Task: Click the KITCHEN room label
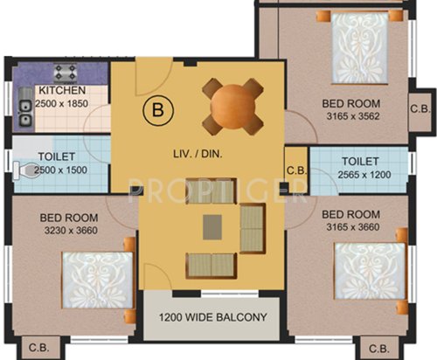(x=61, y=91)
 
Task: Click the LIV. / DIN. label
(x=200, y=155)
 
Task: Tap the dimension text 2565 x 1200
(x=360, y=176)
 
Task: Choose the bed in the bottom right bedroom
(x=369, y=273)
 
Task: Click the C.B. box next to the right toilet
(x=296, y=170)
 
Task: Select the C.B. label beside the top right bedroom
(x=420, y=108)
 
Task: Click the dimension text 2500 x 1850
(x=61, y=103)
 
